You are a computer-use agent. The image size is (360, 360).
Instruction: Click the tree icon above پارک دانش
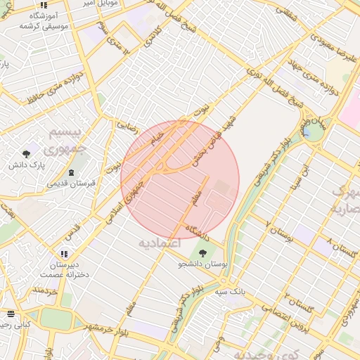tap(27, 153)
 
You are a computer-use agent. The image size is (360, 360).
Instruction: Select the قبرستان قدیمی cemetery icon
tap(71, 172)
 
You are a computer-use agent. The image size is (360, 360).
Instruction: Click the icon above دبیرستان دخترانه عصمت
tap(64, 254)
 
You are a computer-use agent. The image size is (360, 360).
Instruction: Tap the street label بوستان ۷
tap(279, 231)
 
